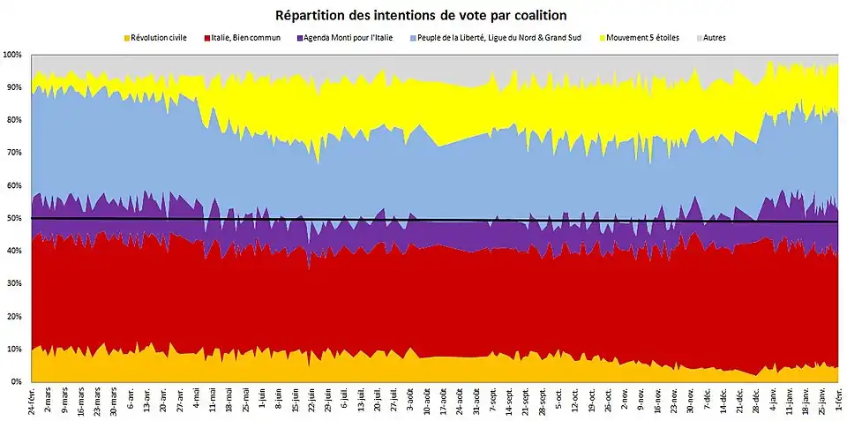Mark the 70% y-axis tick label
[14, 153]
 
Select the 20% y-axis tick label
[14, 316]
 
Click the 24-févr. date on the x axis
[34, 402]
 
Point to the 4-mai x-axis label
[198, 398]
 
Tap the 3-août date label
[411, 399]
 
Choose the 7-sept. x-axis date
[493, 400]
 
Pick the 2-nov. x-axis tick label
[625, 399]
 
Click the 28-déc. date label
[756, 400]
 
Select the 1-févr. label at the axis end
[838, 400]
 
